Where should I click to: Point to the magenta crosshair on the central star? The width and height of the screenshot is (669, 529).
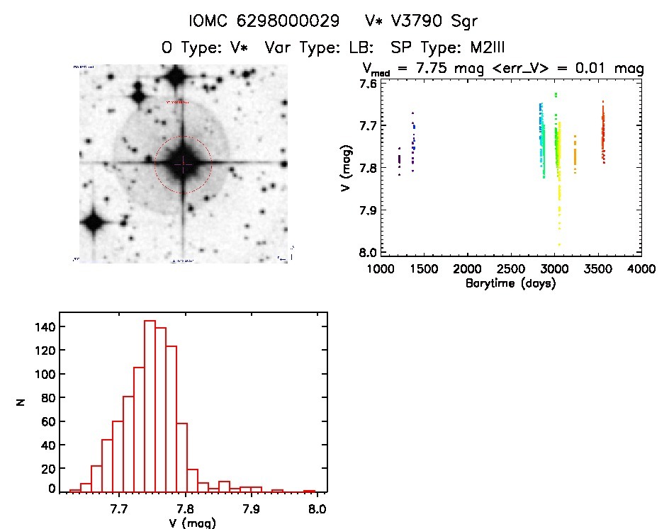point(183,164)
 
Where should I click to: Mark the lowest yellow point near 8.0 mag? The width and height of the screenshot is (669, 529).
point(559,244)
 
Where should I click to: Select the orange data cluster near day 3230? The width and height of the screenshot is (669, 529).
point(575,156)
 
